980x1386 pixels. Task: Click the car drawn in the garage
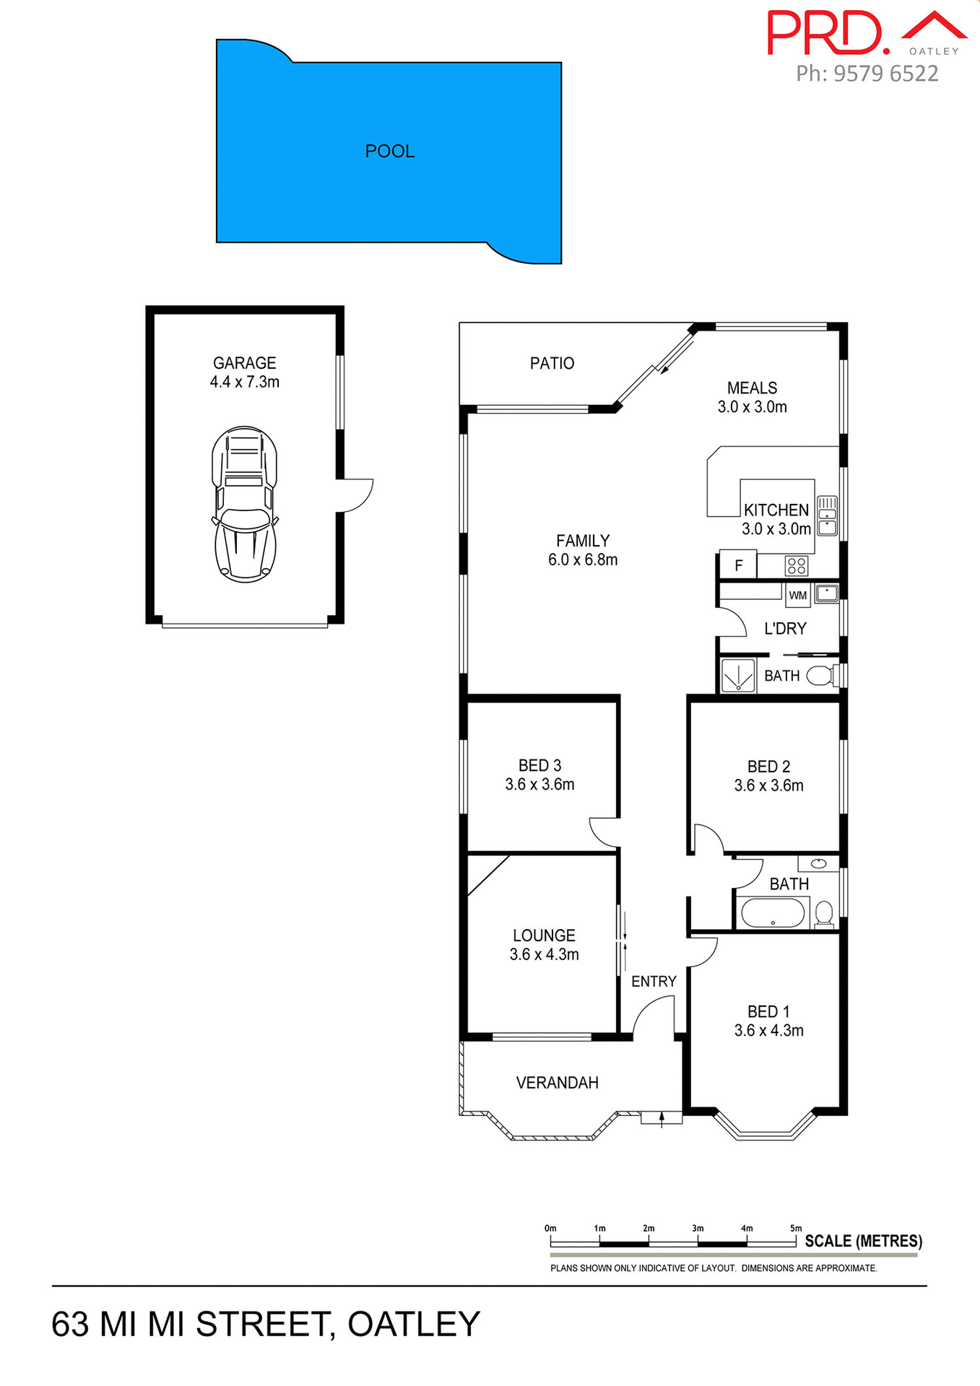245,505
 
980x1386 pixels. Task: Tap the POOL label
390,152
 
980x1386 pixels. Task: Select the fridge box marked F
738,565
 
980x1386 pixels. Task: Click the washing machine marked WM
798,596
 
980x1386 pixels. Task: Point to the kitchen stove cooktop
797,565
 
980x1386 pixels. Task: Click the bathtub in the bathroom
773,913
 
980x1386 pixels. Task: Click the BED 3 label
539,766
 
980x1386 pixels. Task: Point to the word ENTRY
654,982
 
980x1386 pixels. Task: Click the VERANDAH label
558,1083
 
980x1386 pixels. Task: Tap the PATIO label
552,363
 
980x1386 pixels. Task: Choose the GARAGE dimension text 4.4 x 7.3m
245,383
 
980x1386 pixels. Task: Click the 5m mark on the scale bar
796,1242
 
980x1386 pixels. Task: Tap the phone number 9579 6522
885,74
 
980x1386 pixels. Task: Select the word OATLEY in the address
414,1325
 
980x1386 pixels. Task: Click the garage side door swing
355,494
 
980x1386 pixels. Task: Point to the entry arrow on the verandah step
662,1118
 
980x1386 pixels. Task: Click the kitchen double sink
827,515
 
